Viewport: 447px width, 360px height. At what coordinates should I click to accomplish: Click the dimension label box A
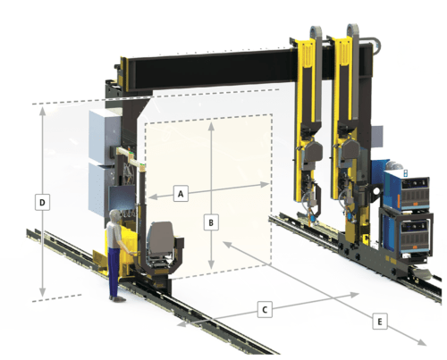tap(181, 194)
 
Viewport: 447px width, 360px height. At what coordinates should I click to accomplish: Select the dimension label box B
tap(211, 222)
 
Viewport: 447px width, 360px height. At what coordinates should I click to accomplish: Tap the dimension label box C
tap(265, 310)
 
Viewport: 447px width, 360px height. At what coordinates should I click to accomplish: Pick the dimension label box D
tap(42, 203)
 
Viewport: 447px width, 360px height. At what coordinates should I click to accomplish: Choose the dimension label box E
tap(380, 322)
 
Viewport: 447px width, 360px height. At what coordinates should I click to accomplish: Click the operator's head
tap(114, 216)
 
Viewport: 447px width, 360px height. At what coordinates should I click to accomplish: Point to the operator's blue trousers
tap(114, 271)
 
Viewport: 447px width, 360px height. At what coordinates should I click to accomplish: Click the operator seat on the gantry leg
tap(163, 239)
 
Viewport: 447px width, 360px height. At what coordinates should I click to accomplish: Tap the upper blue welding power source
tap(407, 190)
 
